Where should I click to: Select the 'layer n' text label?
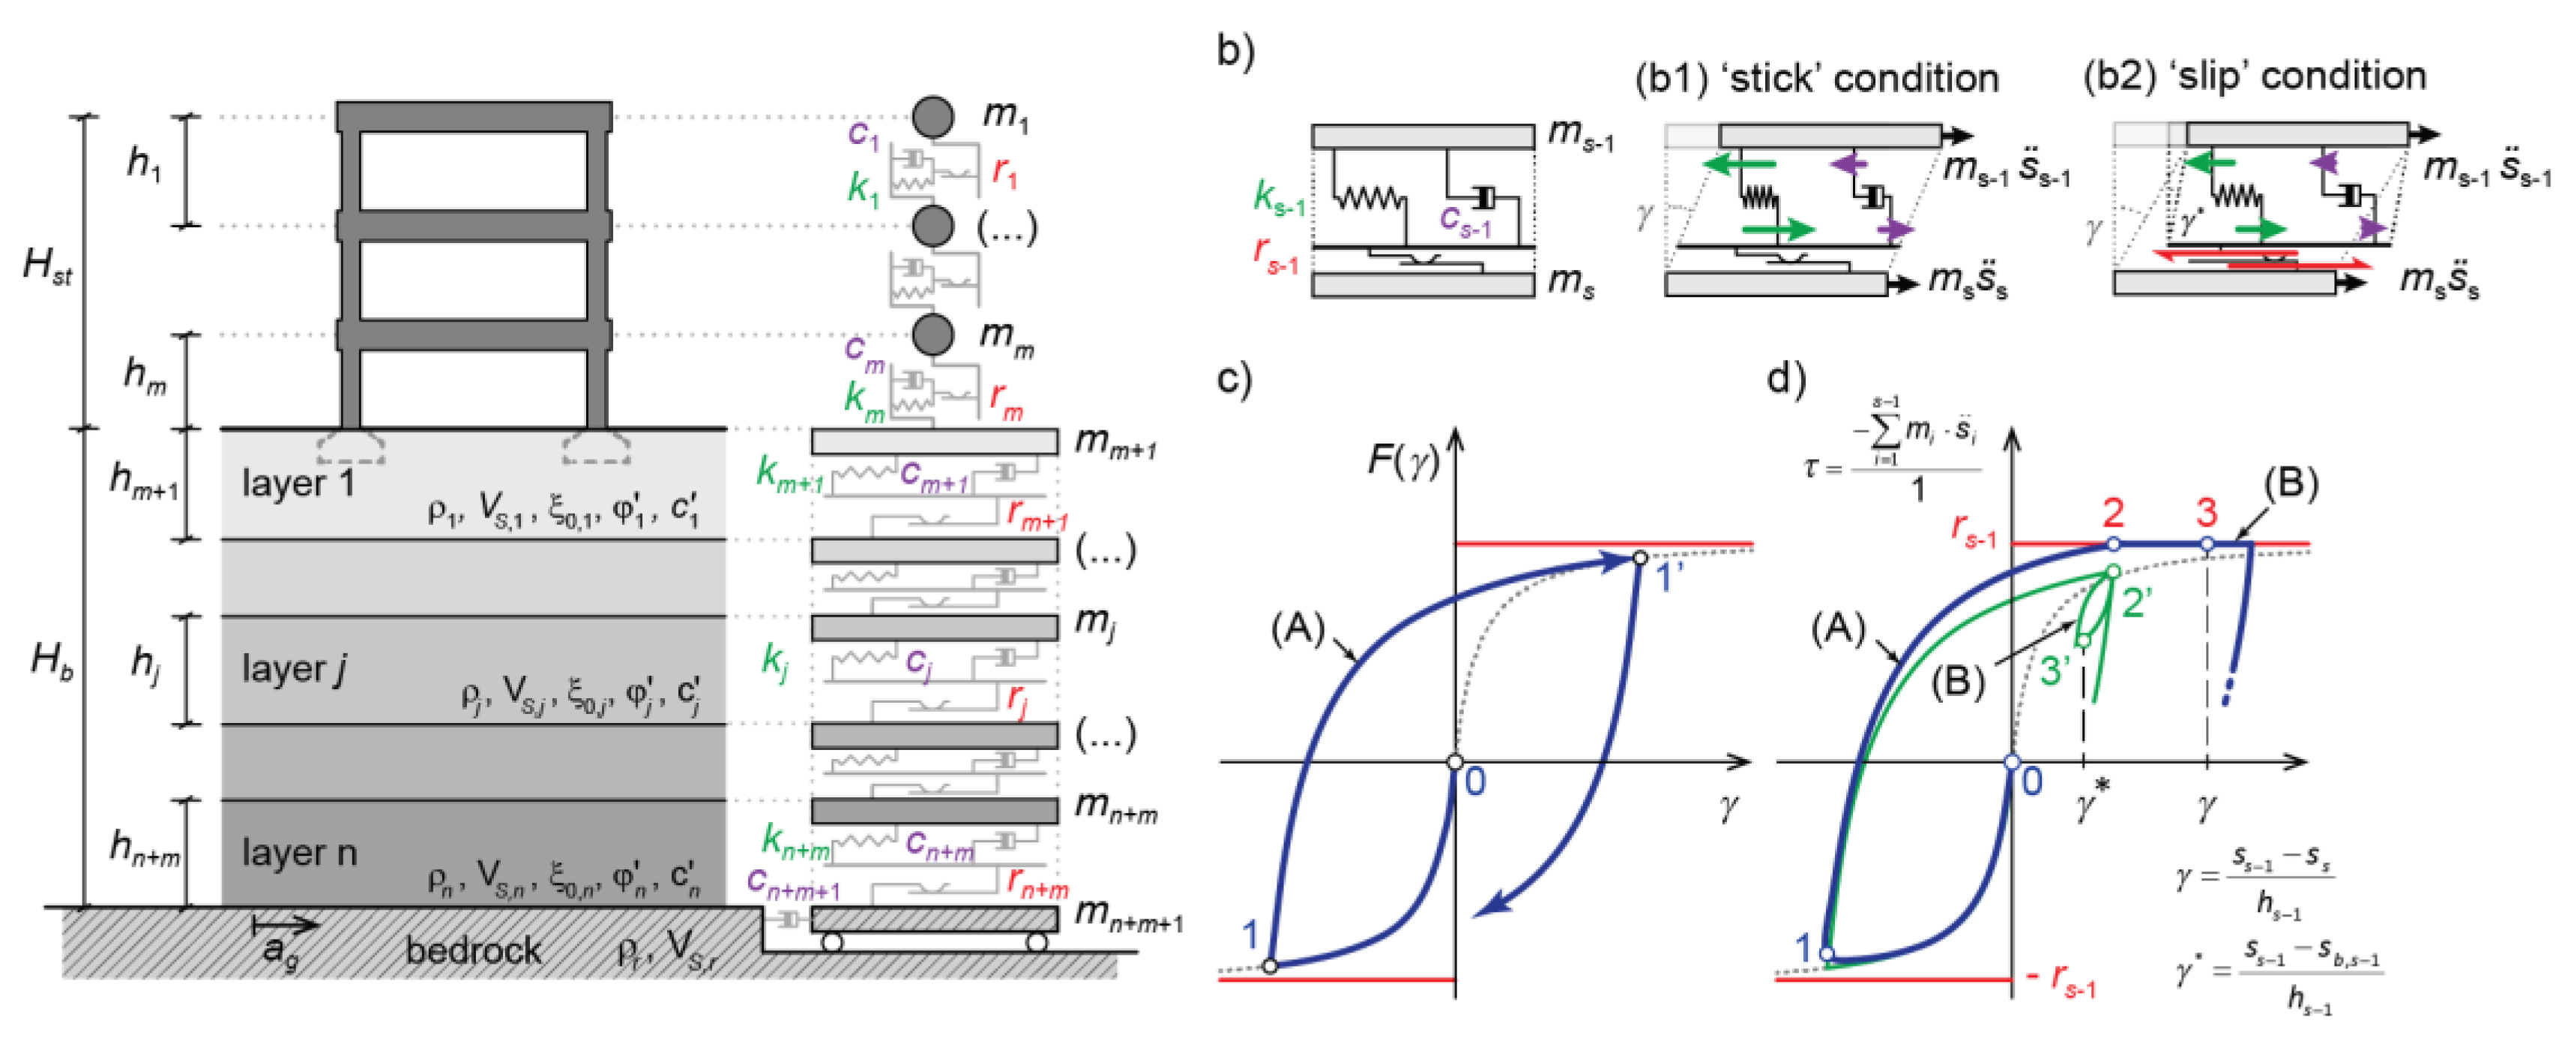[x=298, y=853]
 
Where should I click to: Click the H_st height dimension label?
[x=47, y=266]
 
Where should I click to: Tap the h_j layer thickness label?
[x=145, y=663]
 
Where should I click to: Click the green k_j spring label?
[x=774, y=660]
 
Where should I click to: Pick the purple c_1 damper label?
[x=863, y=133]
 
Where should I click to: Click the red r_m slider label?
[x=1006, y=399]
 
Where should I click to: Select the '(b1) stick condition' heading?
[x=1816, y=78]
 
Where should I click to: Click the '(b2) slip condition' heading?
[x=2254, y=76]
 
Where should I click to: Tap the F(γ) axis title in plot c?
[x=1402, y=460]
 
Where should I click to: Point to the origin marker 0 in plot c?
[x=1456, y=763]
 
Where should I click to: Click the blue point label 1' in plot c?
[x=1670, y=576]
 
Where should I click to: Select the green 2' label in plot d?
[x=2136, y=601]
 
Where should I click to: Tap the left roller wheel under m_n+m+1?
[x=833, y=942]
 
